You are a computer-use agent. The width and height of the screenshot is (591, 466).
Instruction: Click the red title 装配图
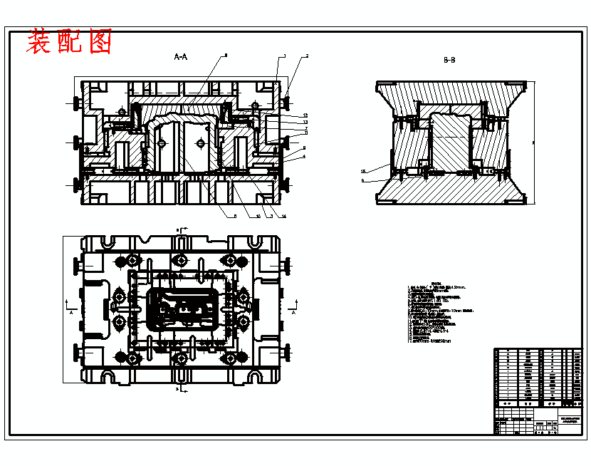(69, 42)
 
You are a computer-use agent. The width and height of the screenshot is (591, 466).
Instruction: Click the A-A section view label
(181, 57)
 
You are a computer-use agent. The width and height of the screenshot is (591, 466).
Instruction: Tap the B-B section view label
(449, 61)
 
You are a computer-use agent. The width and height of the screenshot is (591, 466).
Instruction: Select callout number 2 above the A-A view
(307, 56)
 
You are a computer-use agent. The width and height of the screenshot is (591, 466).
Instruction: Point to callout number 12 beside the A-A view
(305, 115)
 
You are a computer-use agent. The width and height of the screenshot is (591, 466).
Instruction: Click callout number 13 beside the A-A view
(305, 122)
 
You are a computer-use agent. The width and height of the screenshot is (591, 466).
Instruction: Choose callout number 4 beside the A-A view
(304, 156)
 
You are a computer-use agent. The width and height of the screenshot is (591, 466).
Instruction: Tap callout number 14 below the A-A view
(283, 216)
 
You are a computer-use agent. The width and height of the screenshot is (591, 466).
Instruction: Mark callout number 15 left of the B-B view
(362, 171)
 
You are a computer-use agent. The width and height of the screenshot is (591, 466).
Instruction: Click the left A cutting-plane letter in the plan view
(71, 312)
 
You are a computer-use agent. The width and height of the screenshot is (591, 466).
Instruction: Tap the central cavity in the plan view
(181, 309)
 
